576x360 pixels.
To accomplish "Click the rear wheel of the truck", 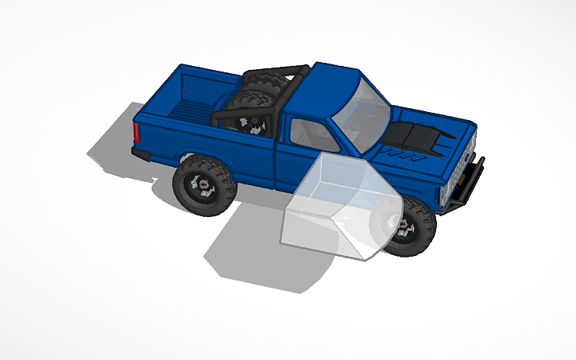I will point(203,185).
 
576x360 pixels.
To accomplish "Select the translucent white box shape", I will point(334,207).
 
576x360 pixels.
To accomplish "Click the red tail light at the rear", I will point(137,133).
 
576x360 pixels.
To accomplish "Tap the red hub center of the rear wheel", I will point(204,185).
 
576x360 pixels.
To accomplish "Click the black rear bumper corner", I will point(141,153).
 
